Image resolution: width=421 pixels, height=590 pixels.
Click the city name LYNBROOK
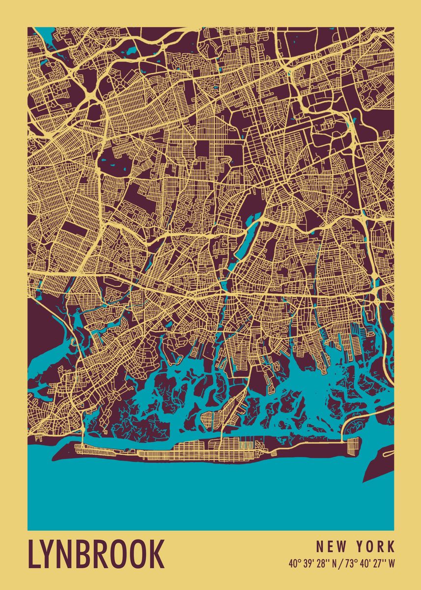click(x=96, y=554)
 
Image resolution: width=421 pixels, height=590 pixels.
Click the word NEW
click(x=330, y=546)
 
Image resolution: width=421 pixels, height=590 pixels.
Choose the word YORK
click(x=375, y=546)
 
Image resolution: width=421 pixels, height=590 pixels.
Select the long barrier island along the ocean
click(x=196, y=451)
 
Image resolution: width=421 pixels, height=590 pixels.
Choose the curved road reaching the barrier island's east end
click(x=346, y=426)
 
